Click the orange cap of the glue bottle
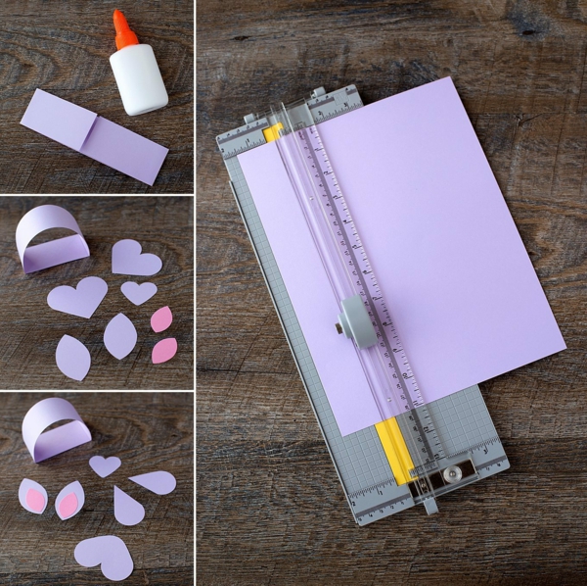click(122, 31)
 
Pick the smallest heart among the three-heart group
click(138, 291)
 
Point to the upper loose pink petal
click(160, 318)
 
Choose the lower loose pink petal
click(164, 350)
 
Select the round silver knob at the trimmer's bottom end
click(452, 473)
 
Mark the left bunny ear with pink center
click(32, 496)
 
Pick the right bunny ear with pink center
click(68, 501)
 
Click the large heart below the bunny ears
click(104, 556)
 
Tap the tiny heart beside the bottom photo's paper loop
click(105, 464)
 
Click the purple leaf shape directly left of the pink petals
click(120, 336)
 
